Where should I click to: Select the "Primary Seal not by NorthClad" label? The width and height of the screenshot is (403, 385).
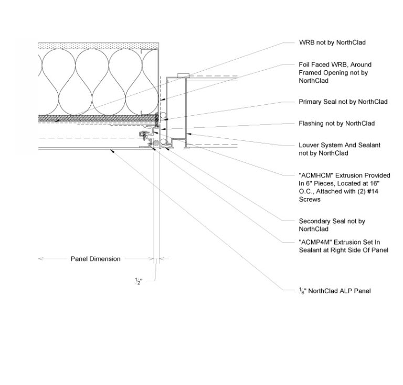point(343,102)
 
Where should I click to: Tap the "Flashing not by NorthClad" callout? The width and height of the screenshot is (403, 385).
point(336,124)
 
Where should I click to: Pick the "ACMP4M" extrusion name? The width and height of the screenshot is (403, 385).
point(315,243)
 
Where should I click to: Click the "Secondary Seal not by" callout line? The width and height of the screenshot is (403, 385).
point(332,221)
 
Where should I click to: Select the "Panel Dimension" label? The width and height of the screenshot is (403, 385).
point(96,259)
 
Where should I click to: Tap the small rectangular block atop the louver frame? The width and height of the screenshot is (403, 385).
point(182,75)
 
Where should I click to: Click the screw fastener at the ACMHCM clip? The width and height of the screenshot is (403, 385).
point(144,135)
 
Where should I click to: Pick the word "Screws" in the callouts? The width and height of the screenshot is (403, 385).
point(310,200)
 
